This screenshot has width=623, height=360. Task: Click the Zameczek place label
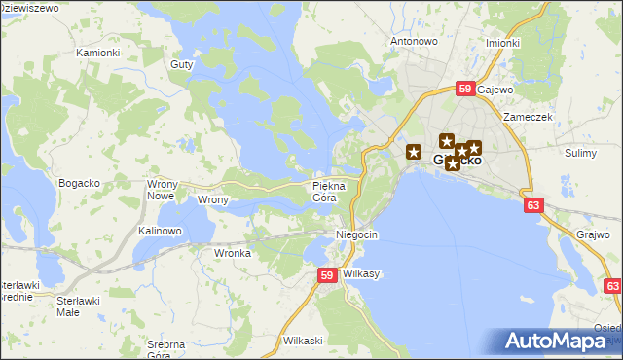coord(528,117)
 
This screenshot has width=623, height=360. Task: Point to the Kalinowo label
coord(160,231)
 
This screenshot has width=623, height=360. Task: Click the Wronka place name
coord(233,253)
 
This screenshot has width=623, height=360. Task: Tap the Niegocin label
coord(356,235)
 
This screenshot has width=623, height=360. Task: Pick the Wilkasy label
coord(361,274)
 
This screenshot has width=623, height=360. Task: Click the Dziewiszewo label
coord(29,8)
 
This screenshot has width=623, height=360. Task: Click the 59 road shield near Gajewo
coord(464,90)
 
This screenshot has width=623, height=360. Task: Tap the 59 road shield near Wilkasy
coord(328,276)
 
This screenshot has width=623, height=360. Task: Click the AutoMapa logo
coord(560,342)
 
